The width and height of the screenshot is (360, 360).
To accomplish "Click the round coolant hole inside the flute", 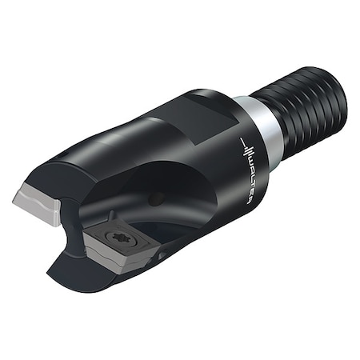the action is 155,198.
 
